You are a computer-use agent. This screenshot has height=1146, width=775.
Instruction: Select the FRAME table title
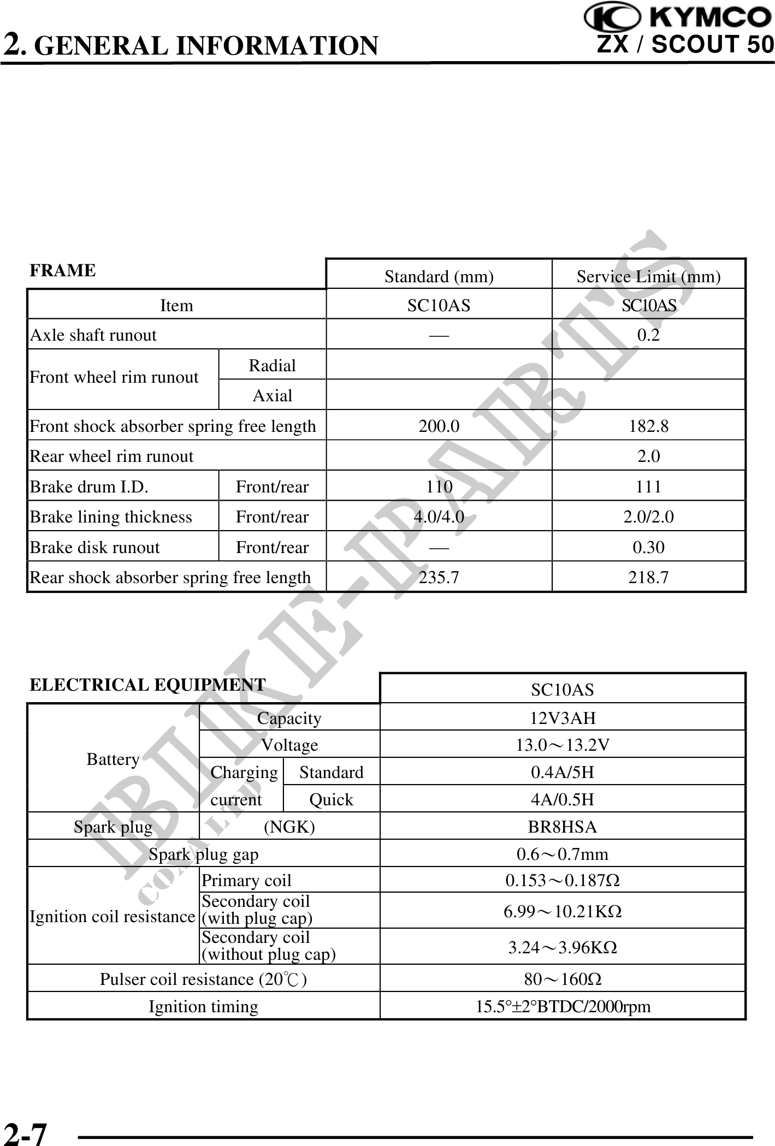click(62, 271)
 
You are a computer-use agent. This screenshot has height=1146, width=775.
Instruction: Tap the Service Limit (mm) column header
click(648, 277)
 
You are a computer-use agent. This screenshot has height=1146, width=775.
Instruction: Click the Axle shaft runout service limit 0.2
click(648, 335)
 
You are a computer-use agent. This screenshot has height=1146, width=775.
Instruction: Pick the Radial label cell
click(272, 365)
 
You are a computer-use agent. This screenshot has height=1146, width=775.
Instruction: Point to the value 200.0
click(439, 426)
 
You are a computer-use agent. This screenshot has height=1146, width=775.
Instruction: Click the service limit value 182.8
click(648, 426)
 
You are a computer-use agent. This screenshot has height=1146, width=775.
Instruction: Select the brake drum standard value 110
click(439, 486)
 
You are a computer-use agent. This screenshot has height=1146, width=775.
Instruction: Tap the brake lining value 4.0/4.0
click(439, 516)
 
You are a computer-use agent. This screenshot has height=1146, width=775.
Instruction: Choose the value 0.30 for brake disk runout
click(648, 547)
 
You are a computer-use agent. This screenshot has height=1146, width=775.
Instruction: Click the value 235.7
click(439, 577)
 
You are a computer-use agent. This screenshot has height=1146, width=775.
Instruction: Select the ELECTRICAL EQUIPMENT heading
click(147, 685)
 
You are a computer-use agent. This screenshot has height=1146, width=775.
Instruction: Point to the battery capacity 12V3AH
click(563, 718)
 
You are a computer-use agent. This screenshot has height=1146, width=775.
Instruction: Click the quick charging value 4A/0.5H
click(563, 800)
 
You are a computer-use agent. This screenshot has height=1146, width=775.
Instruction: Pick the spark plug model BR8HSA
click(563, 827)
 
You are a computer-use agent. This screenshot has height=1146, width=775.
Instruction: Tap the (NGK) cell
click(289, 827)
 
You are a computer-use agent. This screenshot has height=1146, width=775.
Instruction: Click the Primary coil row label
click(246, 881)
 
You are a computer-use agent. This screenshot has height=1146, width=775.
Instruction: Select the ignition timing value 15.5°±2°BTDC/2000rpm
click(563, 1006)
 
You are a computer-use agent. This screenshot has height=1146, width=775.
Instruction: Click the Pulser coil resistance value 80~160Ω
click(563, 979)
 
